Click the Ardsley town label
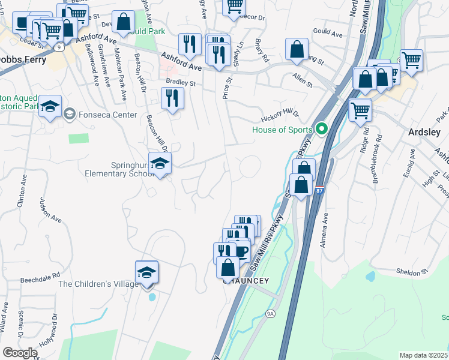coord(424,132)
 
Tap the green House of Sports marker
coord(321,129)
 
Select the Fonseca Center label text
coord(100,113)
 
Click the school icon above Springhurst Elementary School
coord(160,164)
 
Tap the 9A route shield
coord(270,313)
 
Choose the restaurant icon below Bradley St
coord(173,98)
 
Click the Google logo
coord(20,353)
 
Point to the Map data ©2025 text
coord(423,355)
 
